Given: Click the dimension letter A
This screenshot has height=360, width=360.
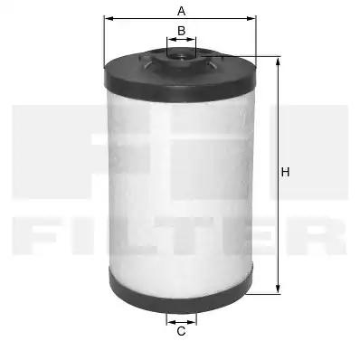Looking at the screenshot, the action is pyautogui.click(x=181, y=11).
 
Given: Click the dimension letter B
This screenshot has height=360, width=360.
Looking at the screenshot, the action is pyautogui.click(x=181, y=31).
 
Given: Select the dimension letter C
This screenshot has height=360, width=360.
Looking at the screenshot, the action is pyautogui.click(x=181, y=331).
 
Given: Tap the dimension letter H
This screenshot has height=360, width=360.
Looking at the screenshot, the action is pyautogui.click(x=285, y=172).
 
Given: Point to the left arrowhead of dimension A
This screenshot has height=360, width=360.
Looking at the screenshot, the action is pyautogui.click(x=109, y=19).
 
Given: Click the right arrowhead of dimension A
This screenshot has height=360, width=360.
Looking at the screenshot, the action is pyautogui.click(x=251, y=19).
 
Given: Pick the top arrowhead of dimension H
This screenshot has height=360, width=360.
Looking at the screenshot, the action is pyautogui.click(x=278, y=62).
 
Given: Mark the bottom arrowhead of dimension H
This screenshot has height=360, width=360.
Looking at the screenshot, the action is pyautogui.click(x=278, y=289).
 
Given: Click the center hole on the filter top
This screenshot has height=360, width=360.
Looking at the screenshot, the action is pyautogui.click(x=181, y=56).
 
